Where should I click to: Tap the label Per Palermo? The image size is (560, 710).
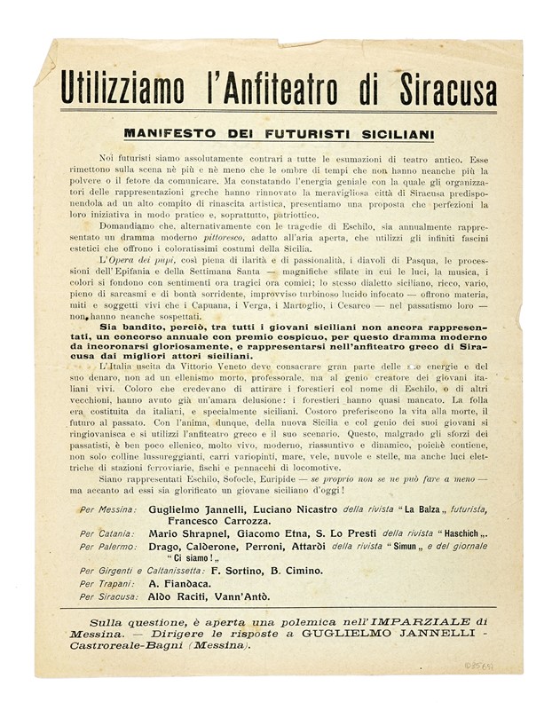[107, 547]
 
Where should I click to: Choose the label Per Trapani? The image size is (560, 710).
[106, 585]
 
